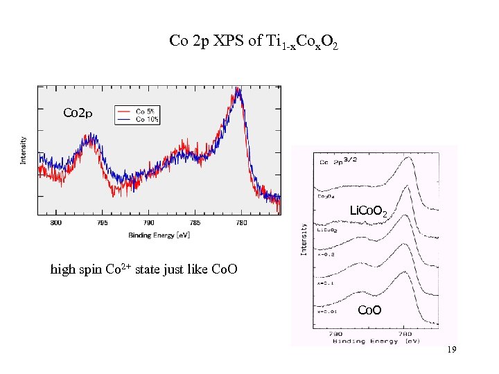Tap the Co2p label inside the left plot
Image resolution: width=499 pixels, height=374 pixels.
[x=78, y=112]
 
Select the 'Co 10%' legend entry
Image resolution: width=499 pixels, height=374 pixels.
[x=147, y=119]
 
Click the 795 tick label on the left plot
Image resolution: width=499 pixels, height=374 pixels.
[x=103, y=223]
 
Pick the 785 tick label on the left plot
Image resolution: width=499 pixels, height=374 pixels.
[x=195, y=223]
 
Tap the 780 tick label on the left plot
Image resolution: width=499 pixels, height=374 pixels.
[x=241, y=223]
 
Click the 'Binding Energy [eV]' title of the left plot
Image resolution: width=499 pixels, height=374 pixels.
[x=159, y=235]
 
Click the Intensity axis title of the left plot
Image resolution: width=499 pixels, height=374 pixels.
[x=24, y=150]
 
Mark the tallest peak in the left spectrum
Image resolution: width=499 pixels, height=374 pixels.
[x=238, y=91]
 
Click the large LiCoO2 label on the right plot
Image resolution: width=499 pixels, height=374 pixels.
[x=373, y=210]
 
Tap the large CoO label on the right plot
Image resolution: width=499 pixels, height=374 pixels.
[x=369, y=310]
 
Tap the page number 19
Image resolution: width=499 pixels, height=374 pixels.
[x=451, y=350]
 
